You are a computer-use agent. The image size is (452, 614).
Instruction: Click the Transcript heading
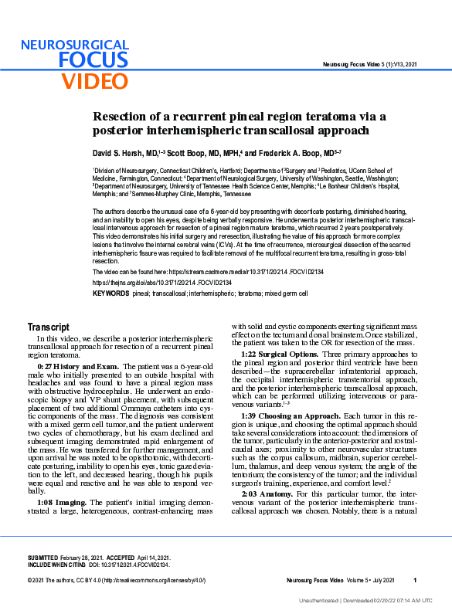[48, 327]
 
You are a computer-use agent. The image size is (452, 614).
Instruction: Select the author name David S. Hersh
[124, 153]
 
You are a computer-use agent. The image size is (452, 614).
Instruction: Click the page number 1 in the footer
[415, 581]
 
